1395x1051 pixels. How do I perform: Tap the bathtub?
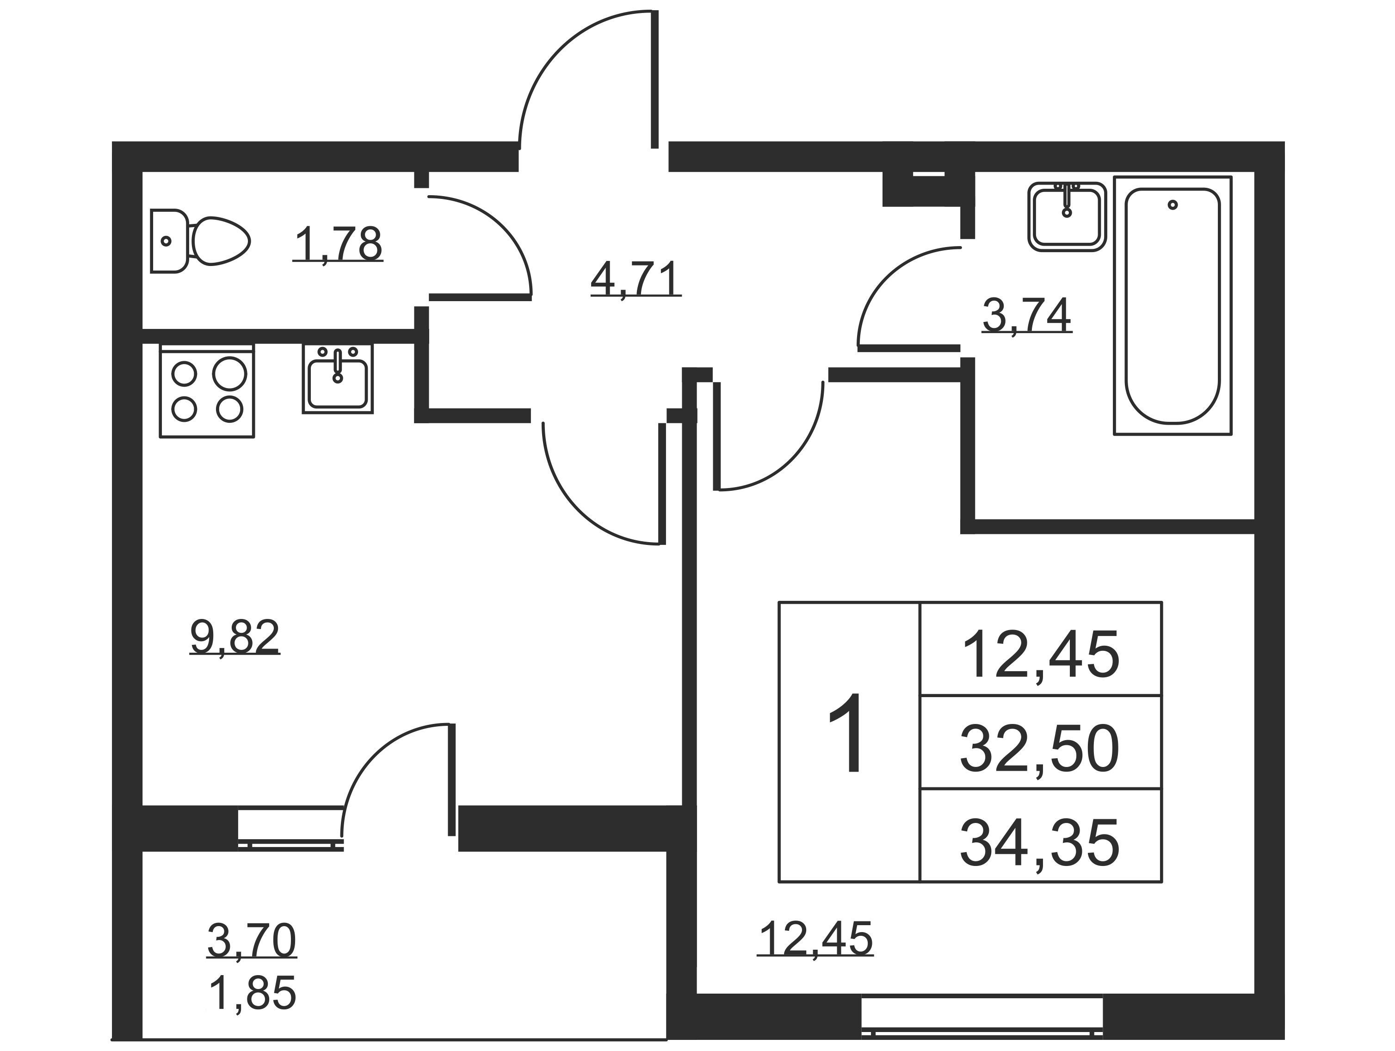pos(1173,305)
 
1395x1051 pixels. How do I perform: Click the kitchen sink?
pos(338,378)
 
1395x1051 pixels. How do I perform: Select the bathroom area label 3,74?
pos(1027,315)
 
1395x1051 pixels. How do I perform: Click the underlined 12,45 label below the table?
pos(815,938)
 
